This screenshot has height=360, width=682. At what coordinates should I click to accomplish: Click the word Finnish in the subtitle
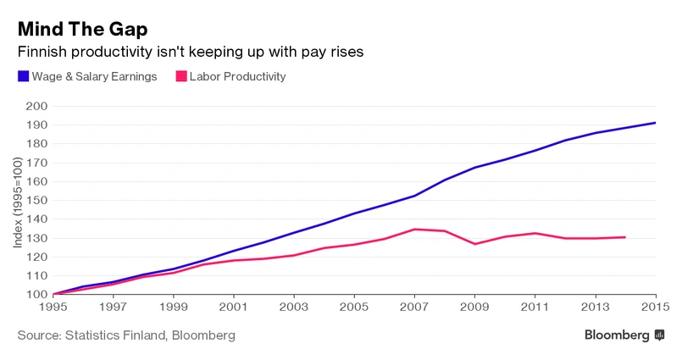coord(41,53)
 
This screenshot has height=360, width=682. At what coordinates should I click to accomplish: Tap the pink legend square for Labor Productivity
coord(180,76)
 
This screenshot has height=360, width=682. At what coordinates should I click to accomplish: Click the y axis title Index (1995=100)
coord(19,201)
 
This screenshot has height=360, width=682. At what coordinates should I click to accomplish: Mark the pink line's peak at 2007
coord(414,229)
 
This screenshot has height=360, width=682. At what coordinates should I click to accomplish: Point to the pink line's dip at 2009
coord(474,244)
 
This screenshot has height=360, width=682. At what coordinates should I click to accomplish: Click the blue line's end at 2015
coord(655,123)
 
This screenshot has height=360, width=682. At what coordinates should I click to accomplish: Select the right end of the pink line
coord(625,237)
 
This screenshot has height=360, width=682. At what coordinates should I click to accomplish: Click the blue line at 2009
coord(474,168)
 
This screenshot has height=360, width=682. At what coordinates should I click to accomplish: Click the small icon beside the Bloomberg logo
coord(659,335)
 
